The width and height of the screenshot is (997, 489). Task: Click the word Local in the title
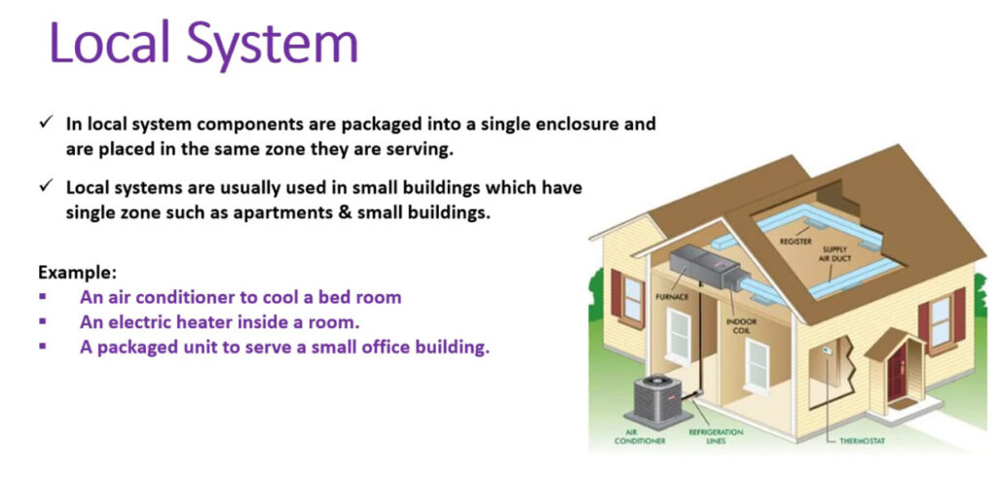tap(109, 43)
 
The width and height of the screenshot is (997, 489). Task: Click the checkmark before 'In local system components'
tap(45, 123)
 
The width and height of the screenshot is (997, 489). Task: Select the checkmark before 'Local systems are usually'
tap(45, 187)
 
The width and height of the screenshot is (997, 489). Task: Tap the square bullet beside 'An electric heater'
tap(43, 321)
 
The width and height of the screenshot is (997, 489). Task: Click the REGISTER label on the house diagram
tap(795, 242)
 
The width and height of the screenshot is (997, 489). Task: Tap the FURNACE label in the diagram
tap(671, 297)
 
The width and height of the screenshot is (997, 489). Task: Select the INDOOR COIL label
tap(741, 326)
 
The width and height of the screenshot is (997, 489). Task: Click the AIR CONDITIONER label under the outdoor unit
tap(631, 436)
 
